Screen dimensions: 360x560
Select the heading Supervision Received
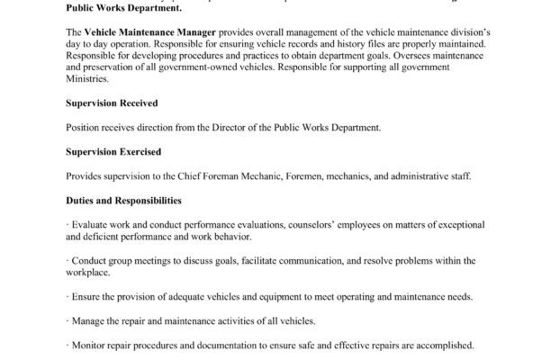(x=110, y=103)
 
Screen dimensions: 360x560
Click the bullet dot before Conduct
(x=68, y=261)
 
